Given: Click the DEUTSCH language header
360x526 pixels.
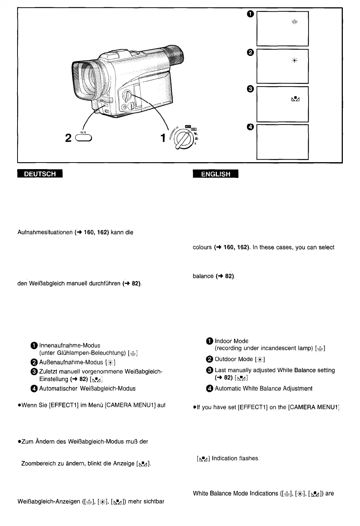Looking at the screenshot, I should [x=40, y=174].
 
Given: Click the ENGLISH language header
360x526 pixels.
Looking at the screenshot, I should [x=215, y=174].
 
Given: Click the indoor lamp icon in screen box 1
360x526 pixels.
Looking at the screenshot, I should [x=294, y=23].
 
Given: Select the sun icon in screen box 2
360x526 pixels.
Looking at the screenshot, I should [x=294, y=61].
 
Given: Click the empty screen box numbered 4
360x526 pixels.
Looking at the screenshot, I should [x=282, y=142].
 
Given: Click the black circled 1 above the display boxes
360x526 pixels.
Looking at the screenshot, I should [x=250, y=14].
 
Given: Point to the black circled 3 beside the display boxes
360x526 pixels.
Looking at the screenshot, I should [x=250, y=89].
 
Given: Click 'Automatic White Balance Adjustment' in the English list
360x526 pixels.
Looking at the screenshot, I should [x=263, y=388].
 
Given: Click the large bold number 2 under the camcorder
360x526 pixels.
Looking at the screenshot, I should [x=68, y=138].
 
